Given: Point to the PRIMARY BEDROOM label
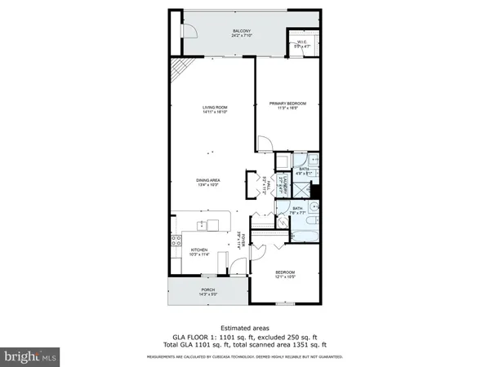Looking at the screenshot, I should [287, 104].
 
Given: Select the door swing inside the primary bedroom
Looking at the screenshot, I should [265, 144].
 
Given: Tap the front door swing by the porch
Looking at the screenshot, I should [237, 268].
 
